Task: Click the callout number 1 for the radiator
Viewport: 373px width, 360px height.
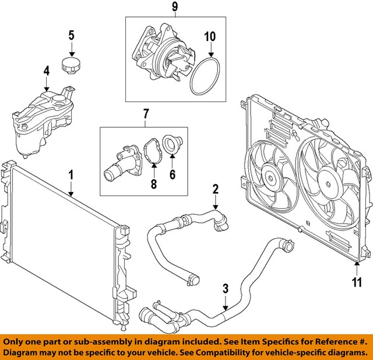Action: coord(71,174)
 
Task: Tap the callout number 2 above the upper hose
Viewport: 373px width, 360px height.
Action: coord(215,188)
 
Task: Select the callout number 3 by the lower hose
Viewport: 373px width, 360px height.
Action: coord(226,288)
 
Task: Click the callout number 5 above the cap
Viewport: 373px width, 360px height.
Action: coord(71,35)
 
